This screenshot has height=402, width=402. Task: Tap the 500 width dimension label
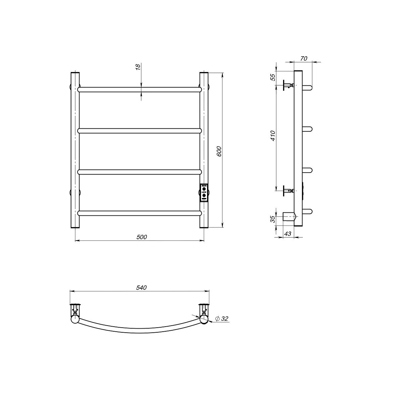coord(142,237)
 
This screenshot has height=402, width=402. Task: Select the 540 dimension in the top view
coord(141,287)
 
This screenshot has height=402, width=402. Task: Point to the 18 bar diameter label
coord(138,67)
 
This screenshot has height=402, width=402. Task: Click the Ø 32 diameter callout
coord(222,324)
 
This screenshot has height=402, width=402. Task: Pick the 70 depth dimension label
coord(304,59)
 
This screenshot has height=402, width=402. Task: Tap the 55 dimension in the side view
coord(273,77)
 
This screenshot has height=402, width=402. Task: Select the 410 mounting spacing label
coord(273,136)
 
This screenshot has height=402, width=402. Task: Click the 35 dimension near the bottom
coord(273,219)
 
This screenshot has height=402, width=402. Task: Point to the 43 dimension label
coord(288,233)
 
